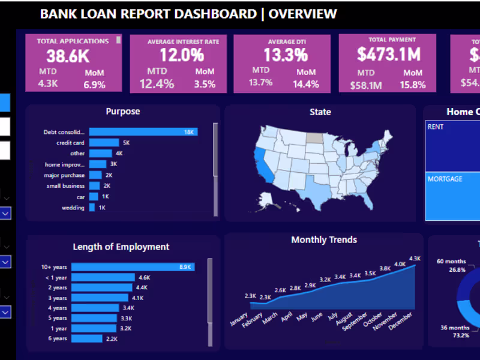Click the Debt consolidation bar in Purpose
[143, 132]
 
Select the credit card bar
[104, 143]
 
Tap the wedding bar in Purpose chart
[92, 208]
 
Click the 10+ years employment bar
[133, 267]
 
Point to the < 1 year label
[56, 277]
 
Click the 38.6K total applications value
[68, 56]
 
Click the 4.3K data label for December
[415, 259]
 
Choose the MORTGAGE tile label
[445, 179]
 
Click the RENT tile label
[435, 127]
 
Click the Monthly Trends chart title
[324, 240]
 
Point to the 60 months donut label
[452, 262]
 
